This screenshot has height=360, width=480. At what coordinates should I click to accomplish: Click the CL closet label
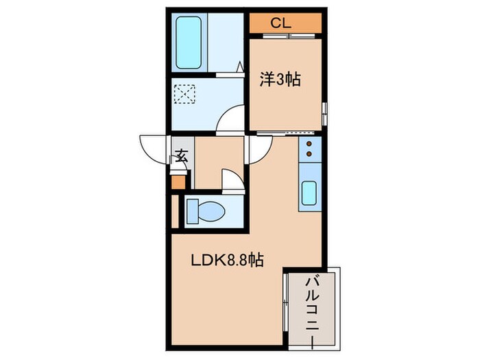(280, 23)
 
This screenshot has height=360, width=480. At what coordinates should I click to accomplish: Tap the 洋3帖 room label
(280, 80)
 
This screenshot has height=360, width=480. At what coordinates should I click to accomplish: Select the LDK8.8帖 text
(227, 261)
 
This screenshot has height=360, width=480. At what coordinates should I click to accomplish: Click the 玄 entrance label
(182, 156)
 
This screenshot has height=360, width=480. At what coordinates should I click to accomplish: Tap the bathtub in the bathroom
(189, 43)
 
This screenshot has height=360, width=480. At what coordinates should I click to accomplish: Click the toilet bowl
(211, 211)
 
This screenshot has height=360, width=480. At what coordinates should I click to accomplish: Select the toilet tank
(192, 211)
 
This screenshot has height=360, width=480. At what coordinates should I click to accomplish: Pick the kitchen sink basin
(309, 193)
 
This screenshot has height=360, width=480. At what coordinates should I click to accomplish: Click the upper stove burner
(309, 143)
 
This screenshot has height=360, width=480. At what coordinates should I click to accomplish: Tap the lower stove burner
(309, 154)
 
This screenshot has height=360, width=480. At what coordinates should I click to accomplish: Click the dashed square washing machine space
(184, 94)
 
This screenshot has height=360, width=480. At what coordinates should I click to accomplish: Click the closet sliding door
(289, 36)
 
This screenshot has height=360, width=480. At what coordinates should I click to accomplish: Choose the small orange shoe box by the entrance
(178, 182)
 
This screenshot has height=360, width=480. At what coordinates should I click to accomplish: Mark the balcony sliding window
(285, 302)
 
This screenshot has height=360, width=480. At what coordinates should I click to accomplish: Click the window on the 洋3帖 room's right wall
(325, 114)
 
